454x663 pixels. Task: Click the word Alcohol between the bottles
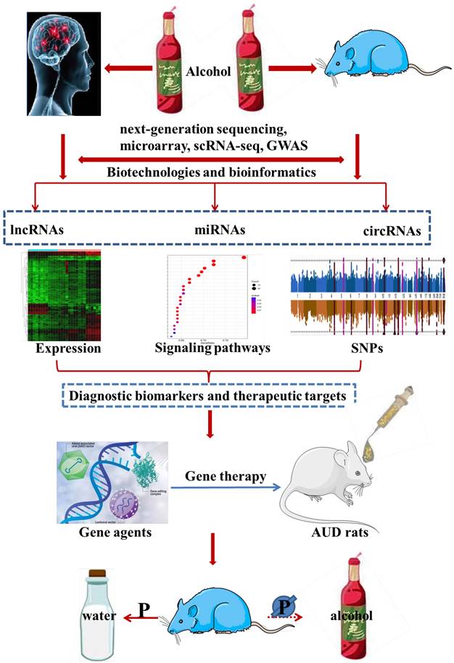(x=210, y=72)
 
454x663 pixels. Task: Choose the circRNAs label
(x=392, y=231)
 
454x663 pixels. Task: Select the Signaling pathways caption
(x=212, y=349)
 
